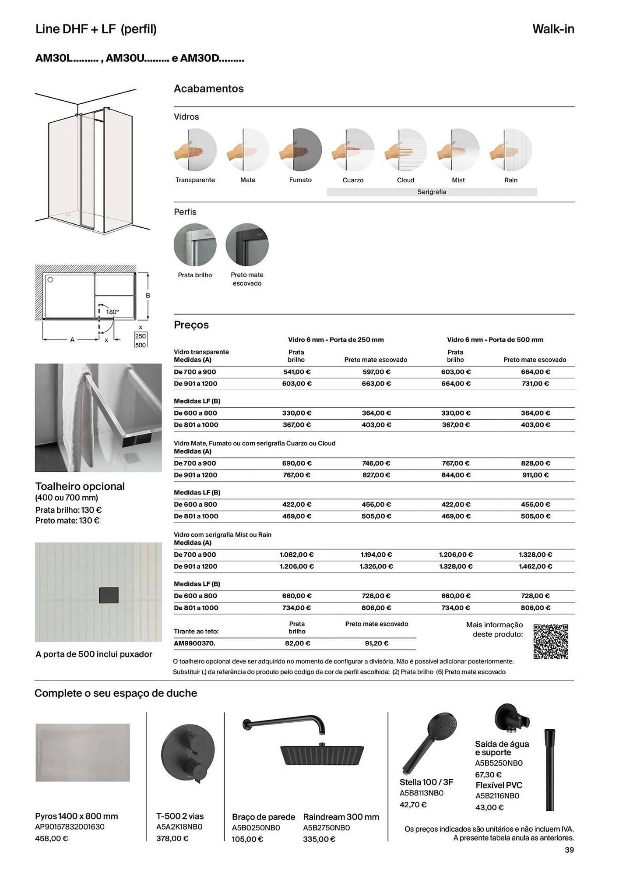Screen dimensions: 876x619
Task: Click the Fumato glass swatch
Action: pos(301,150)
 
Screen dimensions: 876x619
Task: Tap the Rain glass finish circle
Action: pos(511,150)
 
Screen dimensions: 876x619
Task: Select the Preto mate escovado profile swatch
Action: pos(247,244)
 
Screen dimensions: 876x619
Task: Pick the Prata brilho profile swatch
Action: pos(195,244)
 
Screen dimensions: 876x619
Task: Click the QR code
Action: pos(551,641)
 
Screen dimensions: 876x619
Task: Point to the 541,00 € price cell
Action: pos(297,372)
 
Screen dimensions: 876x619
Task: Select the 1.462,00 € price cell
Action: pos(535,566)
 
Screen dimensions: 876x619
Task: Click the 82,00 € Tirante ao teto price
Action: pos(297,643)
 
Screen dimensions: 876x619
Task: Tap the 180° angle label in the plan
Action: pos(113,312)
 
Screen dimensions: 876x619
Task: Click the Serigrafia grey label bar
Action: pos(432,192)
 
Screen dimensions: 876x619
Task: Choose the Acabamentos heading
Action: pos(209,88)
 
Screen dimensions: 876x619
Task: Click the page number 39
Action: pos(569,850)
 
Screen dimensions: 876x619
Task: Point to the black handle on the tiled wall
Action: pos(109,594)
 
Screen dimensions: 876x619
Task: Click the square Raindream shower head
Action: pos(322,755)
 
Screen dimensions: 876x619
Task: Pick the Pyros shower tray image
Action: pos(83,752)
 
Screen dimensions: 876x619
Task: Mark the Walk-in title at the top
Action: pos(553,29)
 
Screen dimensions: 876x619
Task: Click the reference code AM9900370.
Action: pos(194,643)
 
